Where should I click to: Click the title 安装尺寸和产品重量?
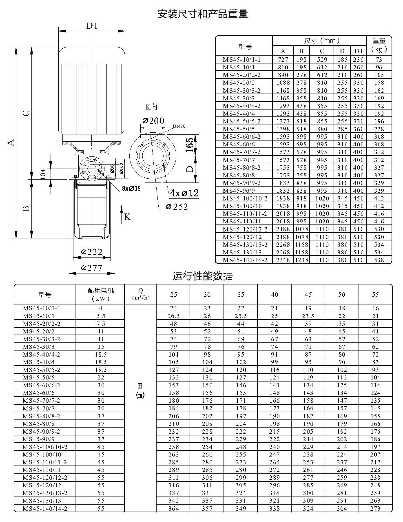pos(203,14)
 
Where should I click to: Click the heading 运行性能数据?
pos(203,276)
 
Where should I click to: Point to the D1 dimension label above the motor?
pos(92,25)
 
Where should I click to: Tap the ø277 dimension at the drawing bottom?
pos(92,268)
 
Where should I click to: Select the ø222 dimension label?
pos(92,252)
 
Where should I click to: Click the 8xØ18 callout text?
pos(131,188)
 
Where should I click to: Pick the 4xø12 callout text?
pos(185,193)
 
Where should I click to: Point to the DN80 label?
pos(179,126)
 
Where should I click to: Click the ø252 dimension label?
pos(177,207)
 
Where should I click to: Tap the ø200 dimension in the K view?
pos(153,121)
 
